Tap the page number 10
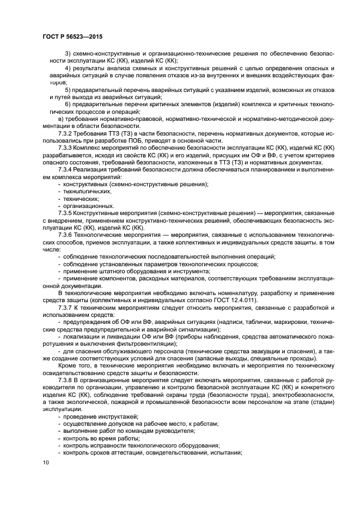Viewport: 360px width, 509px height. tap(46, 462)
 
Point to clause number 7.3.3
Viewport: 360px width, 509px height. tap(67, 148)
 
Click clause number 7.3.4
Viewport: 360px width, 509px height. tap(67, 169)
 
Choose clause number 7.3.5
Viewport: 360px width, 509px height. tap(67, 213)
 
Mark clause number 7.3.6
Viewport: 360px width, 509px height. tap(67, 235)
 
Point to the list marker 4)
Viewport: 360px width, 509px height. tap(69, 68)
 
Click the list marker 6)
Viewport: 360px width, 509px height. tap(69, 104)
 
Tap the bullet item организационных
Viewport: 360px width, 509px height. tap(89, 206)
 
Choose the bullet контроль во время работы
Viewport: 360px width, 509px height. tap(101, 438)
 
